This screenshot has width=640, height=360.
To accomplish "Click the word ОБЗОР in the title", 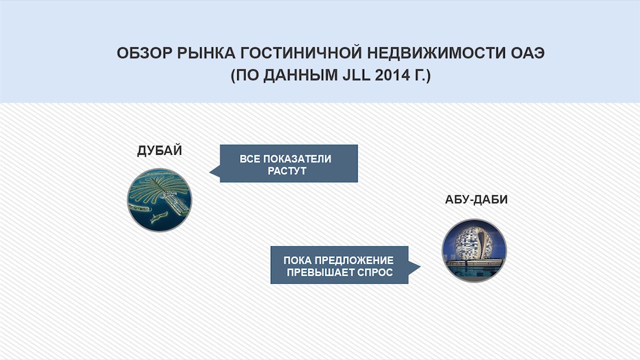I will click(x=144, y=53).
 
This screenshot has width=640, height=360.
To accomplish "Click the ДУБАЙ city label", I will click(x=159, y=151).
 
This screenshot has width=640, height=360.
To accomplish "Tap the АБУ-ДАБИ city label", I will click(x=476, y=200).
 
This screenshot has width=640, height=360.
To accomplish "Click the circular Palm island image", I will click(x=159, y=200).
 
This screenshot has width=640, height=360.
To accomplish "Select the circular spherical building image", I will click(x=474, y=250).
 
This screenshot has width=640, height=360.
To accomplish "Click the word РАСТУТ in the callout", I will click(x=288, y=170).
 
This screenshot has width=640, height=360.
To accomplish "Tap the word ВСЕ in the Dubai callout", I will click(x=251, y=159).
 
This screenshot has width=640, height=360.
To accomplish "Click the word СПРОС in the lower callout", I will click(x=377, y=272).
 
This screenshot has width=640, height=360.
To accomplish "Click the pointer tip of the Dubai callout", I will click(x=210, y=172).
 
